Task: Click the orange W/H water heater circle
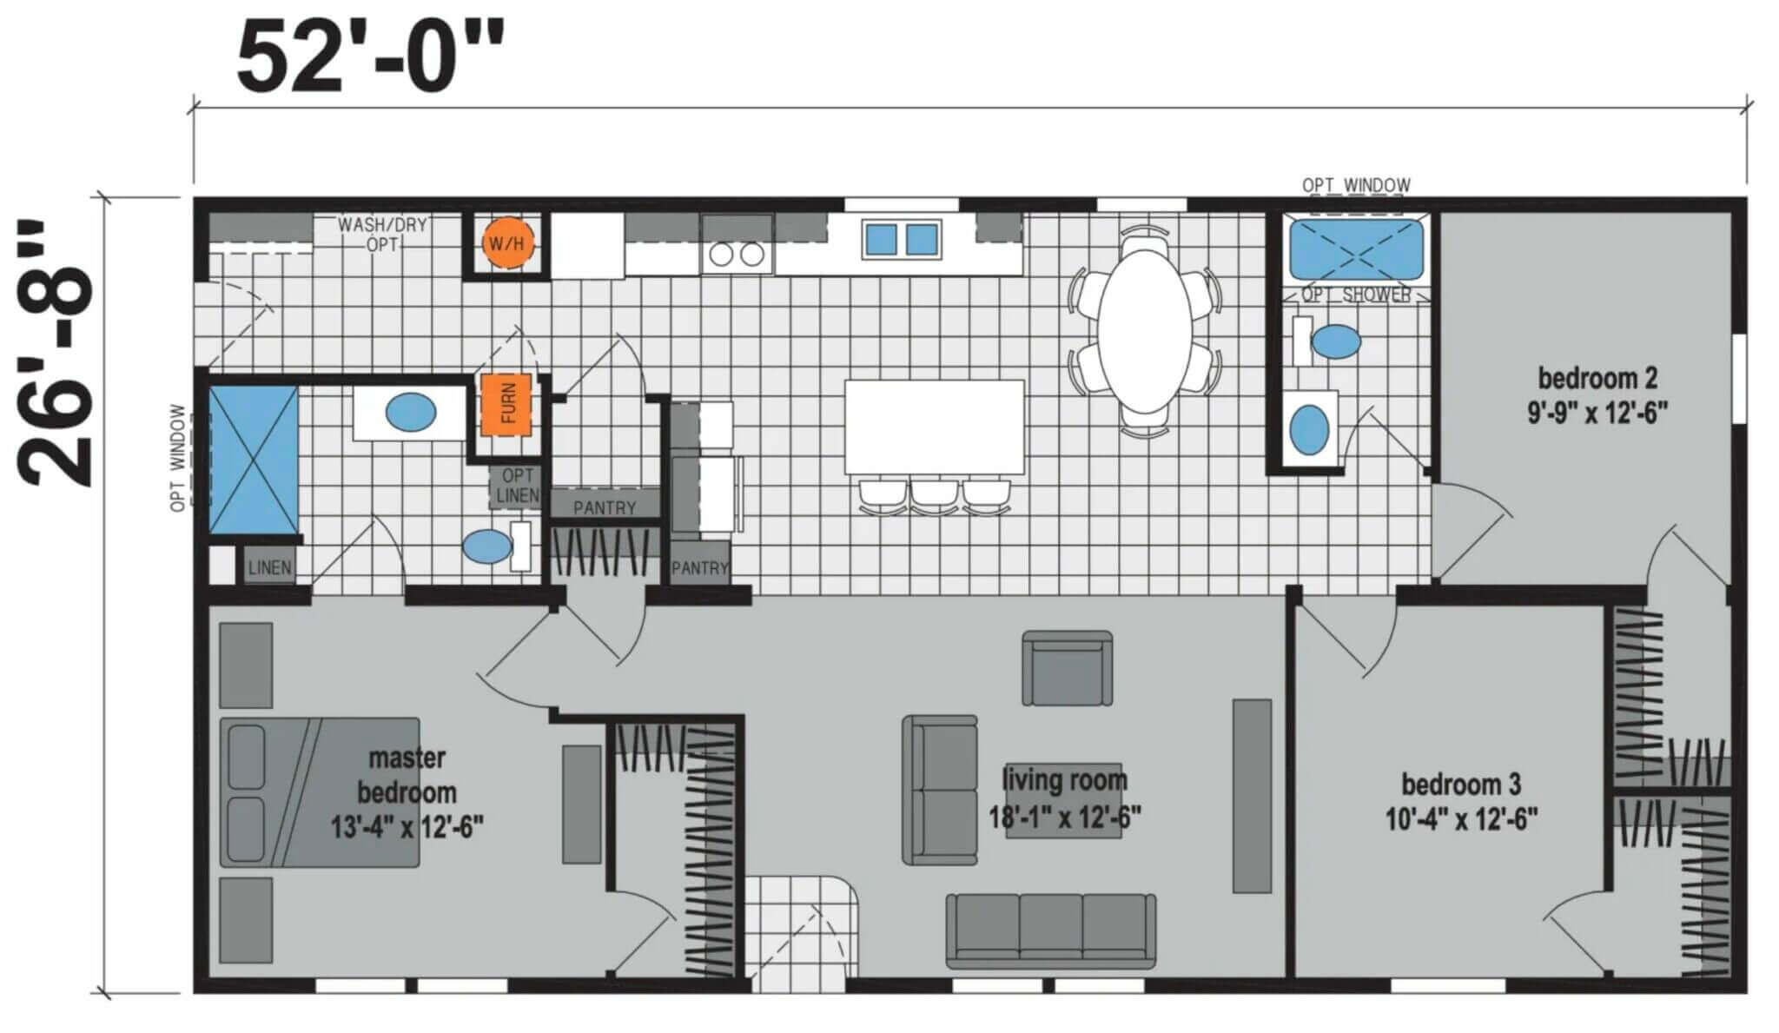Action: [506, 243]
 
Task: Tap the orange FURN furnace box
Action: [506, 404]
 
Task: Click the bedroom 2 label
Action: [1597, 394]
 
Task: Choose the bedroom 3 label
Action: [1461, 801]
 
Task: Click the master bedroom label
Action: [407, 791]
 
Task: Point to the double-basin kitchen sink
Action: [902, 239]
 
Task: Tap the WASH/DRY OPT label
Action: [382, 235]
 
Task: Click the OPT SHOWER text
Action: [1355, 295]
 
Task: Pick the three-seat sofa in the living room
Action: [1051, 930]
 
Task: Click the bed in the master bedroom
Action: [320, 792]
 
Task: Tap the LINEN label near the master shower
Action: [269, 568]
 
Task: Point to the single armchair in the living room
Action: [1068, 668]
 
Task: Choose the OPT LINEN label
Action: [517, 487]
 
